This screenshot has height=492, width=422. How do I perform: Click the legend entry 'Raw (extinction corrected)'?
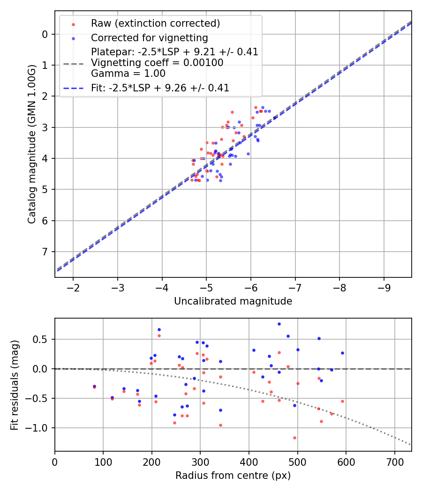coord(155,23)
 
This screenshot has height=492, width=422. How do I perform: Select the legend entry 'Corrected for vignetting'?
coord(149,37)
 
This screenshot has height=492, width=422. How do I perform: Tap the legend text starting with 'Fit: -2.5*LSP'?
coord(160,88)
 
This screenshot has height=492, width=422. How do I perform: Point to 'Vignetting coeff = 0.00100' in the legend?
coord(157,63)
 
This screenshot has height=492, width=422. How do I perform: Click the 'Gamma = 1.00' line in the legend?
coord(128,73)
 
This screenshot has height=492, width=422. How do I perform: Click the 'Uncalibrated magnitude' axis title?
coord(233,301)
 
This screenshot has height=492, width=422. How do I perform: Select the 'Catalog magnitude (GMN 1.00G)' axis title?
coord(31,143)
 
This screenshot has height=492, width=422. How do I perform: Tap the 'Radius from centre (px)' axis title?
coord(233,476)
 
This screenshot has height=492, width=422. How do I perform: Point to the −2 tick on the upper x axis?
coord(73,287)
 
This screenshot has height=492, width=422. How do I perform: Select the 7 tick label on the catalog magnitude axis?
coord(45,252)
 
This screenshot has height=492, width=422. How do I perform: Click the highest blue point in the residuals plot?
coord(279,324)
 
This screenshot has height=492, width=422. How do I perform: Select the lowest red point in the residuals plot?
coord(294,438)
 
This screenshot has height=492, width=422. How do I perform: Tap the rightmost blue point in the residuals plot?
coord(342,353)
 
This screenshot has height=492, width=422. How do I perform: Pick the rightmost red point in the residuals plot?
coord(342,401)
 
